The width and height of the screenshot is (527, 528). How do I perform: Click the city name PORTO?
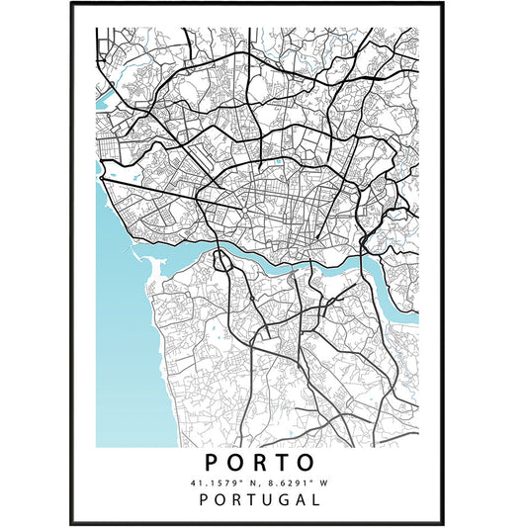(x=263, y=462)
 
